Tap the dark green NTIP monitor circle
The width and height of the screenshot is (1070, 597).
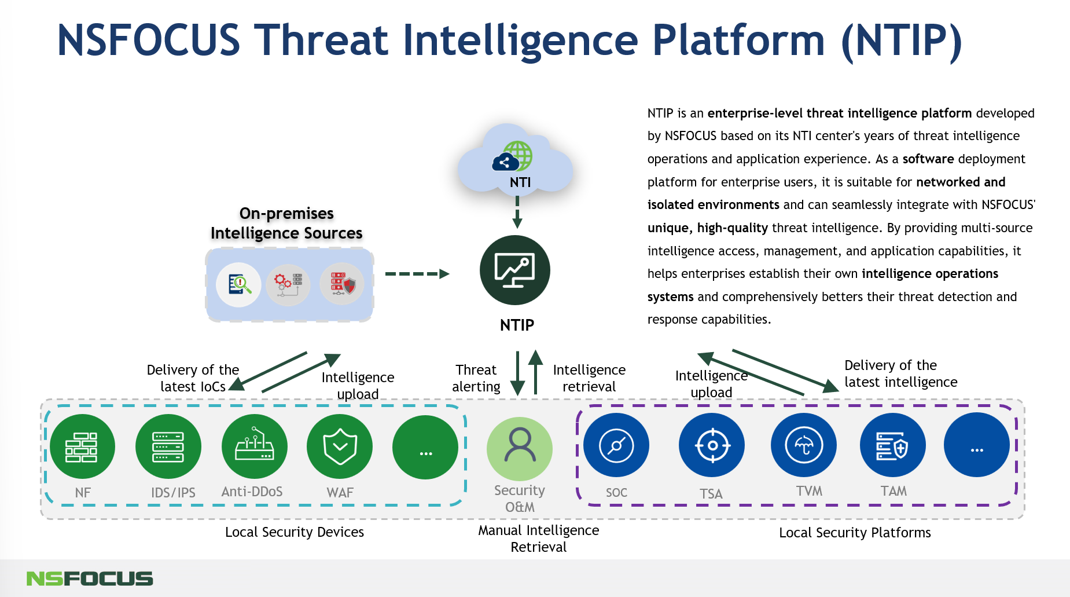point(514,270)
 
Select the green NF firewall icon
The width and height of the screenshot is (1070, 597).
point(82,446)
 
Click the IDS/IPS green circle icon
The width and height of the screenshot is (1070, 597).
point(168,446)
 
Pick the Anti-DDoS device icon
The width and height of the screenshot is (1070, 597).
point(254,446)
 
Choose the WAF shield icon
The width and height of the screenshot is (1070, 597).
point(340,446)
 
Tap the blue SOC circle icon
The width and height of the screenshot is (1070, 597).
point(616,445)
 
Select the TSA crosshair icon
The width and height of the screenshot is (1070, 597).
point(712,445)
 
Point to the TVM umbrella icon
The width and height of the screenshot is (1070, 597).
point(803,445)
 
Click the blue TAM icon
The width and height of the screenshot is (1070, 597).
point(892,445)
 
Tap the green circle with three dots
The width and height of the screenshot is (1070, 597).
point(425,447)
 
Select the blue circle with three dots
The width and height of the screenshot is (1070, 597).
point(977,445)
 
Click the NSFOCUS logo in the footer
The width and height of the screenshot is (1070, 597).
point(90,578)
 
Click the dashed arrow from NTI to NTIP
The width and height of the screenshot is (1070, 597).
point(517,212)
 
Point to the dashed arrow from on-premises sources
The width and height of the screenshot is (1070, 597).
point(417,274)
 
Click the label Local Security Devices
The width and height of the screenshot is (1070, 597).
point(294,532)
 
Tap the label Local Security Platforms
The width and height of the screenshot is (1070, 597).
point(855,533)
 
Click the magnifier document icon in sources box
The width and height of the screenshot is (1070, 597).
point(239,284)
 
